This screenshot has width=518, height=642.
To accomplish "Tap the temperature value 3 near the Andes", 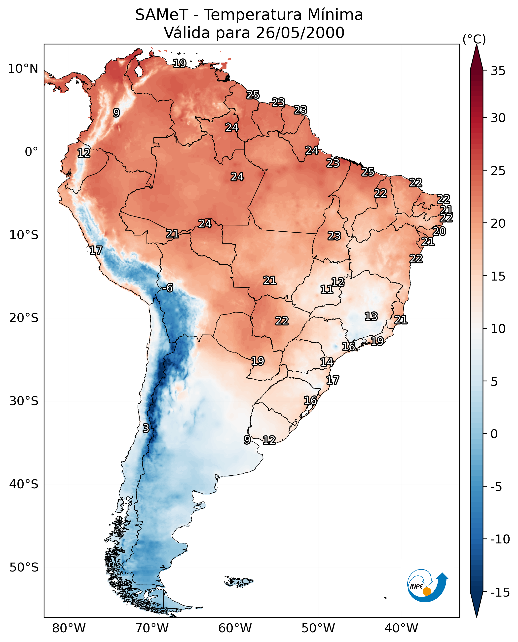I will tap(146, 428).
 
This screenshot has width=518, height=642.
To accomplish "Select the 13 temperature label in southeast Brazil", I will tap(371, 316).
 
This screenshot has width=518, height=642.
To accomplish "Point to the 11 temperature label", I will tap(327, 289).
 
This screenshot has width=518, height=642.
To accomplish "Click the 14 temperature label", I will tap(327, 362).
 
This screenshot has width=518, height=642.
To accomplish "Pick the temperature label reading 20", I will tap(439, 231).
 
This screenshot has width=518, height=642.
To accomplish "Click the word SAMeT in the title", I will tap(161, 15).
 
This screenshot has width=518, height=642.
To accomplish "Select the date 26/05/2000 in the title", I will tap(300, 33).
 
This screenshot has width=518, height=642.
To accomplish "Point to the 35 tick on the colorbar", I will tap(498, 71).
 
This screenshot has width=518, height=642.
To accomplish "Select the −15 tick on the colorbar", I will tap(500, 593).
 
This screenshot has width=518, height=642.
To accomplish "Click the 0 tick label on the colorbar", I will tap(494, 434).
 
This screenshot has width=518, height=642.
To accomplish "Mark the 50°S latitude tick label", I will tap(24, 567).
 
